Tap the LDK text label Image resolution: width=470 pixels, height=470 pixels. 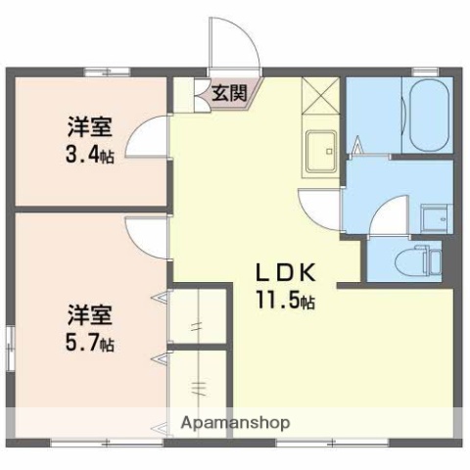[x=285, y=272]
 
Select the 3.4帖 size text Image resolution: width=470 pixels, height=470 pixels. [x=90, y=154]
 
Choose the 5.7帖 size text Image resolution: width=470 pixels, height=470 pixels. [x=90, y=344]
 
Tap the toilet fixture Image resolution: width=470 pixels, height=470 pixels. [x=420, y=259]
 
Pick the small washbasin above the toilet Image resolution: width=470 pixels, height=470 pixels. [x=432, y=216]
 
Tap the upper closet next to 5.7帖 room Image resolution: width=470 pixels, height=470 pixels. [x=201, y=315]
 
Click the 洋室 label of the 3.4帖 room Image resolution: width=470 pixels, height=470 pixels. [x=89, y=127]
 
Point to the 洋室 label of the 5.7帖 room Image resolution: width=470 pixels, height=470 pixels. [x=89, y=316]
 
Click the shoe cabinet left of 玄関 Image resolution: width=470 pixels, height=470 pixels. [x=184, y=93]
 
